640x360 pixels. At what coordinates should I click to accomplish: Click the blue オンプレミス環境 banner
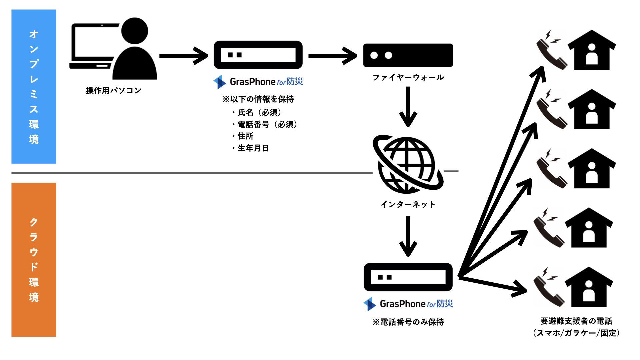[x=34, y=86]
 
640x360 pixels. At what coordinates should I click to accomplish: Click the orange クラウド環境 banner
[x=34, y=259]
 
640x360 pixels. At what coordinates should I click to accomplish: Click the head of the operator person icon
[x=135, y=31]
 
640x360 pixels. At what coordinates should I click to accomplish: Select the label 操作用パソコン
[x=114, y=91]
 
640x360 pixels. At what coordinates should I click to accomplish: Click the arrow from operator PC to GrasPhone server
[x=184, y=56]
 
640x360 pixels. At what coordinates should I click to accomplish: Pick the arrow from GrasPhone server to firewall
[x=333, y=56]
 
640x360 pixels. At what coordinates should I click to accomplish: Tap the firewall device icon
[x=408, y=55]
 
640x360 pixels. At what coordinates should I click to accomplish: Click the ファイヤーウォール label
[x=408, y=78]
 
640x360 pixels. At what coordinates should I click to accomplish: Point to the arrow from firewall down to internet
[x=408, y=107]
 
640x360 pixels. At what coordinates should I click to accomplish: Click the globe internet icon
[x=407, y=164]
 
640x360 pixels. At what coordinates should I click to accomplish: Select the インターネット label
[x=408, y=204]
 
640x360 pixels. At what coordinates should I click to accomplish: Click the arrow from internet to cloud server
[x=408, y=236]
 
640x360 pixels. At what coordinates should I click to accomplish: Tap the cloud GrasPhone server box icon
[x=408, y=277]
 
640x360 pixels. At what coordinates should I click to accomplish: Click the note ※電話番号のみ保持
[x=408, y=322]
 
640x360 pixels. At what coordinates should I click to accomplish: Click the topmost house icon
[x=592, y=50]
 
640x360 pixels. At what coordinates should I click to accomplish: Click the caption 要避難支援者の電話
[x=576, y=321]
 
